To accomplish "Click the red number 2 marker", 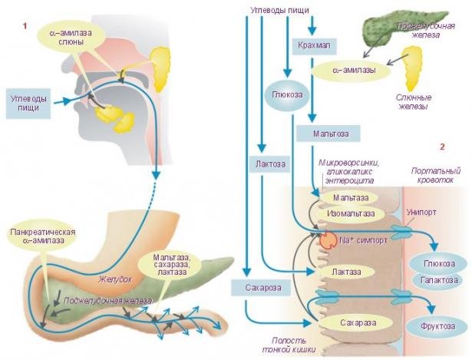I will [x=441, y=146].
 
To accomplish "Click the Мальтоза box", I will [x=326, y=134].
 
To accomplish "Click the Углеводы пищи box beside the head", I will [x=29, y=104].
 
